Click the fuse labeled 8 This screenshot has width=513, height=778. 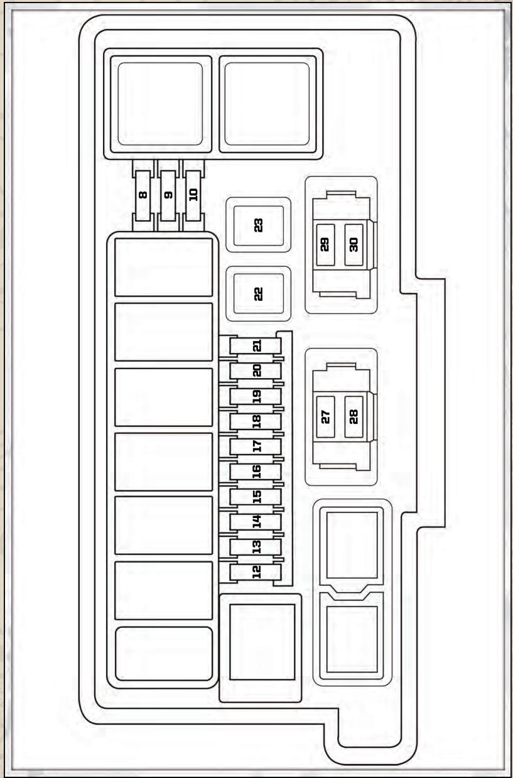pos(143,195)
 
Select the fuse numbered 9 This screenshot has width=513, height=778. pos(168,195)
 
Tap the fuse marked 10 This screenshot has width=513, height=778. pos(193,195)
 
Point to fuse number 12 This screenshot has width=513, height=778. pos(256,572)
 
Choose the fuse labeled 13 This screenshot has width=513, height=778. pos(256,547)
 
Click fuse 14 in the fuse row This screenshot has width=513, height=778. pos(256,522)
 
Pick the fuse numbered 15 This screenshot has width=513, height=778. pos(256,497)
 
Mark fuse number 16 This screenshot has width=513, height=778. pos(256,472)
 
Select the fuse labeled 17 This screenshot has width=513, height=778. pos(256,446)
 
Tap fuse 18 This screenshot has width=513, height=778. pos(256,421)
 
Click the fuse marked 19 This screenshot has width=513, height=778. pos(256,396)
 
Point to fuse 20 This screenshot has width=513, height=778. pos(256,371)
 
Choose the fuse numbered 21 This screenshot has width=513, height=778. pos(256,346)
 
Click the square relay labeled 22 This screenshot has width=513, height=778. pos(259,294)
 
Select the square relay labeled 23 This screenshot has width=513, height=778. pos(259,225)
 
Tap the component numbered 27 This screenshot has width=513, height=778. pos(325,417)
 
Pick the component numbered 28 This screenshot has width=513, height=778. pos(354,417)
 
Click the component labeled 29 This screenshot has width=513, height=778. pos(325,244)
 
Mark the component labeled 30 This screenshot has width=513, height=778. pos(354,244)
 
